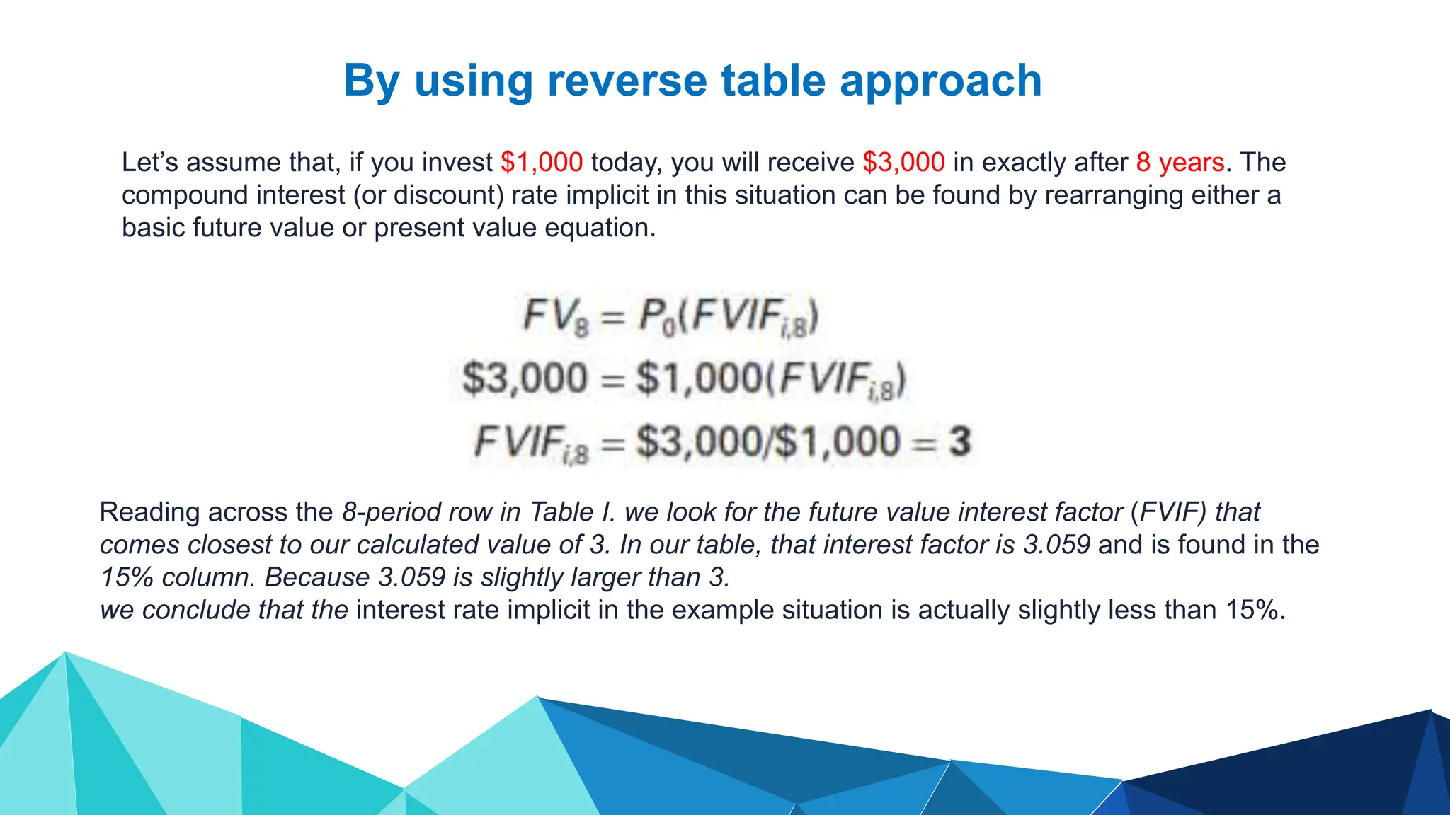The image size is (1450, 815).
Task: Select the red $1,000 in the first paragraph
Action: pyautogui.click(x=542, y=163)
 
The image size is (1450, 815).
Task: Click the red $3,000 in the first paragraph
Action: pyautogui.click(x=903, y=163)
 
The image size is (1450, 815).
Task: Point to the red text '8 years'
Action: pyautogui.click(x=1180, y=163)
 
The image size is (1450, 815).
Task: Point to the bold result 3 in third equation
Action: pyautogui.click(x=959, y=441)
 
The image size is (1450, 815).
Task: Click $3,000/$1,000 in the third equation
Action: pyautogui.click(x=768, y=441)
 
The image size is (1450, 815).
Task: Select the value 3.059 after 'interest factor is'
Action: pyautogui.click(x=1056, y=545)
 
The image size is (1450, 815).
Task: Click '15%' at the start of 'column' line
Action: pyautogui.click(x=127, y=577)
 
